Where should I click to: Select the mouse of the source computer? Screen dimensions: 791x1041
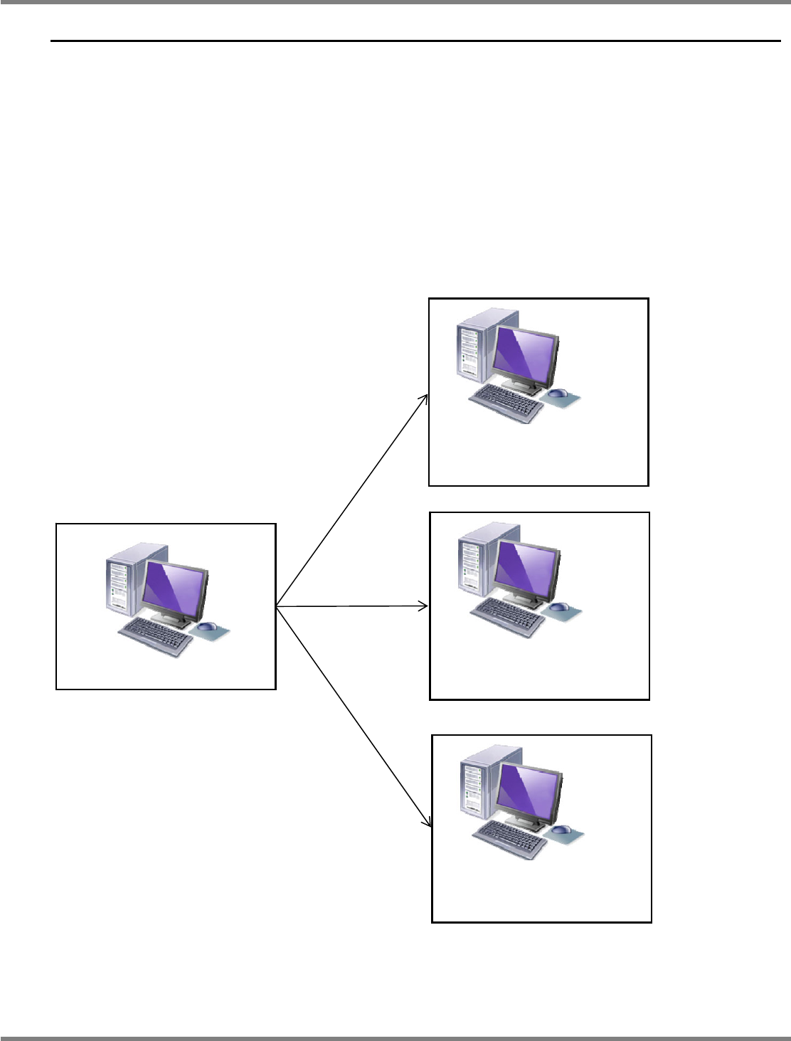pyautogui.click(x=207, y=626)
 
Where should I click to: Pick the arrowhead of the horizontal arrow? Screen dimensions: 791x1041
pyautogui.click(x=425, y=606)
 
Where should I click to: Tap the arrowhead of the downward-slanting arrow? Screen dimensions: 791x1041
pyautogui.click(x=429, y=824)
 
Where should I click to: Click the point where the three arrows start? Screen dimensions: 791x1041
pyautogui.click(x=277, y=607)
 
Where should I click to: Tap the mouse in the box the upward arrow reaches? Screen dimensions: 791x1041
pyautogui.click(x=558, y=393)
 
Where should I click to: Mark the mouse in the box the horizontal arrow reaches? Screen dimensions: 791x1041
pyautogui.click(x=559, y=607)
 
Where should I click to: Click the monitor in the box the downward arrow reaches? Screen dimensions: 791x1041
pyautogui.click(x=529, y=791)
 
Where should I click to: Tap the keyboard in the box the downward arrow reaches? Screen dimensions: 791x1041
pyautogui.click(x=510, y=838)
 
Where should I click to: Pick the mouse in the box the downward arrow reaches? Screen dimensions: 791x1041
pyautogui.click(x=561, y=829)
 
